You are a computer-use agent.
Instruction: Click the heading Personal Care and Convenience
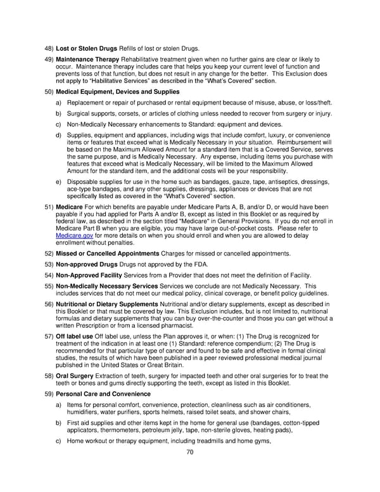(104, 394)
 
